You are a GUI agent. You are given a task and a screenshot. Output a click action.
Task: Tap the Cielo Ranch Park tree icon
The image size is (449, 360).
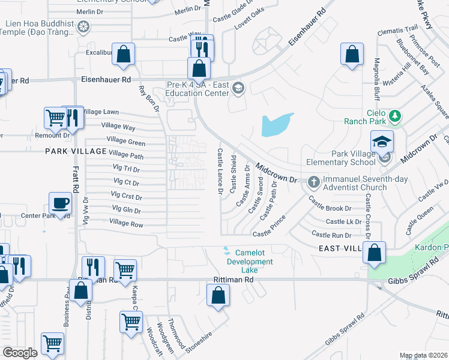(x=395, y=115)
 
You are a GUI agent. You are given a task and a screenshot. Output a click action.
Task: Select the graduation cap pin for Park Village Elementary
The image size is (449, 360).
(x=381, y=142)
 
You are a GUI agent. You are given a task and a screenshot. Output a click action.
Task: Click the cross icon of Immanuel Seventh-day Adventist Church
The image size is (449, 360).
(x=313, y=181)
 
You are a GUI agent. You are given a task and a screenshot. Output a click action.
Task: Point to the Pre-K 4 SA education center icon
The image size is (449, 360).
(x=238, y=89)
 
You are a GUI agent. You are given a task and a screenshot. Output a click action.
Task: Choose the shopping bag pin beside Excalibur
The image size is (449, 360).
(x=123, y=55)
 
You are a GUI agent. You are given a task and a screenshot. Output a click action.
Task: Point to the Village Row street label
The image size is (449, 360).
(x=126, y=224)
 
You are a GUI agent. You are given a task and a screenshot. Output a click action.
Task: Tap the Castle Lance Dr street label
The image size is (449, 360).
(x=220, y=172)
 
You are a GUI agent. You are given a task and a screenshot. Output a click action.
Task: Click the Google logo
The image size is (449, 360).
(x=20, y=353)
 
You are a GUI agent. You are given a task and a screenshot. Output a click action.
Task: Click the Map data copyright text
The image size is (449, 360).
(x=423, y=355)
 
